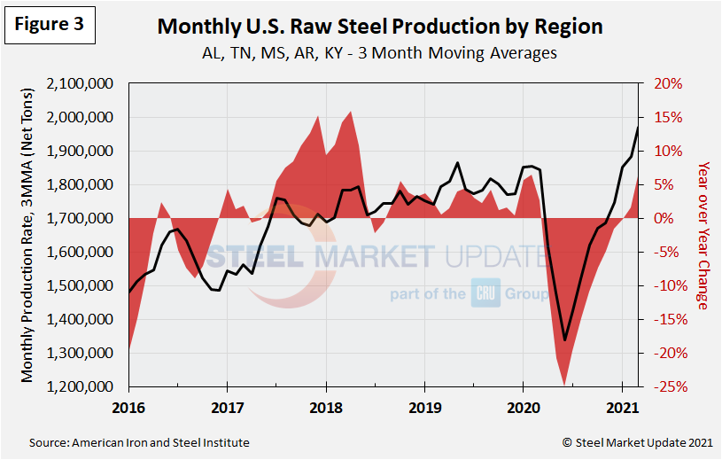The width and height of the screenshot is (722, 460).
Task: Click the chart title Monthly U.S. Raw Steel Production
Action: (x=379, y=27)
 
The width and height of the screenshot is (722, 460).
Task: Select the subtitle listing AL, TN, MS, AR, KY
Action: (x=379, y=52)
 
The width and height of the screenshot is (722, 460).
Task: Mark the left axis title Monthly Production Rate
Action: (x=28, y=235)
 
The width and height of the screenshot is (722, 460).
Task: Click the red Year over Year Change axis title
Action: (x=703, y=235)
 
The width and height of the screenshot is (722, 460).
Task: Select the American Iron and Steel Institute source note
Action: (x=140, y=442)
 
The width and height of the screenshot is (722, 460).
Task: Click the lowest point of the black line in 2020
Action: (x=564, y=339)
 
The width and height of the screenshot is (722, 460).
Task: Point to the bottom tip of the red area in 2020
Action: (x=564, y=386)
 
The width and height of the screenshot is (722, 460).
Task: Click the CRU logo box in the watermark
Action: (x=483, y=294)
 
